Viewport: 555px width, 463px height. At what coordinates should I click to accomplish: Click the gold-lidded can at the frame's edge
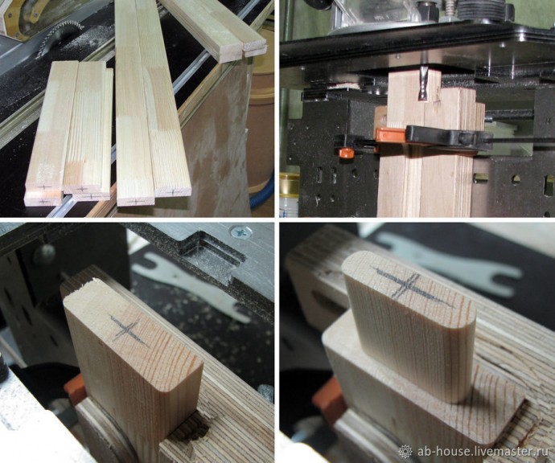click(x=290, y=194)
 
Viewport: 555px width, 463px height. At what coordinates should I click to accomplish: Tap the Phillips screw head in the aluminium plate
click(x=242, y=232)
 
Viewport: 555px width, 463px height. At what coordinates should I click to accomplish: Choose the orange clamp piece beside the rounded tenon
click(x=328, y=404)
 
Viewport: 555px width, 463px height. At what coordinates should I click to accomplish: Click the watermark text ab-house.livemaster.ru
click(x=483, y=452)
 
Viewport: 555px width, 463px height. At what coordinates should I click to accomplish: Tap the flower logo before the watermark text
click(x=405, y=452)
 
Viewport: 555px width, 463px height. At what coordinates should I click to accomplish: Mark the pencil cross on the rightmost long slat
click(x=173, y=191)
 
